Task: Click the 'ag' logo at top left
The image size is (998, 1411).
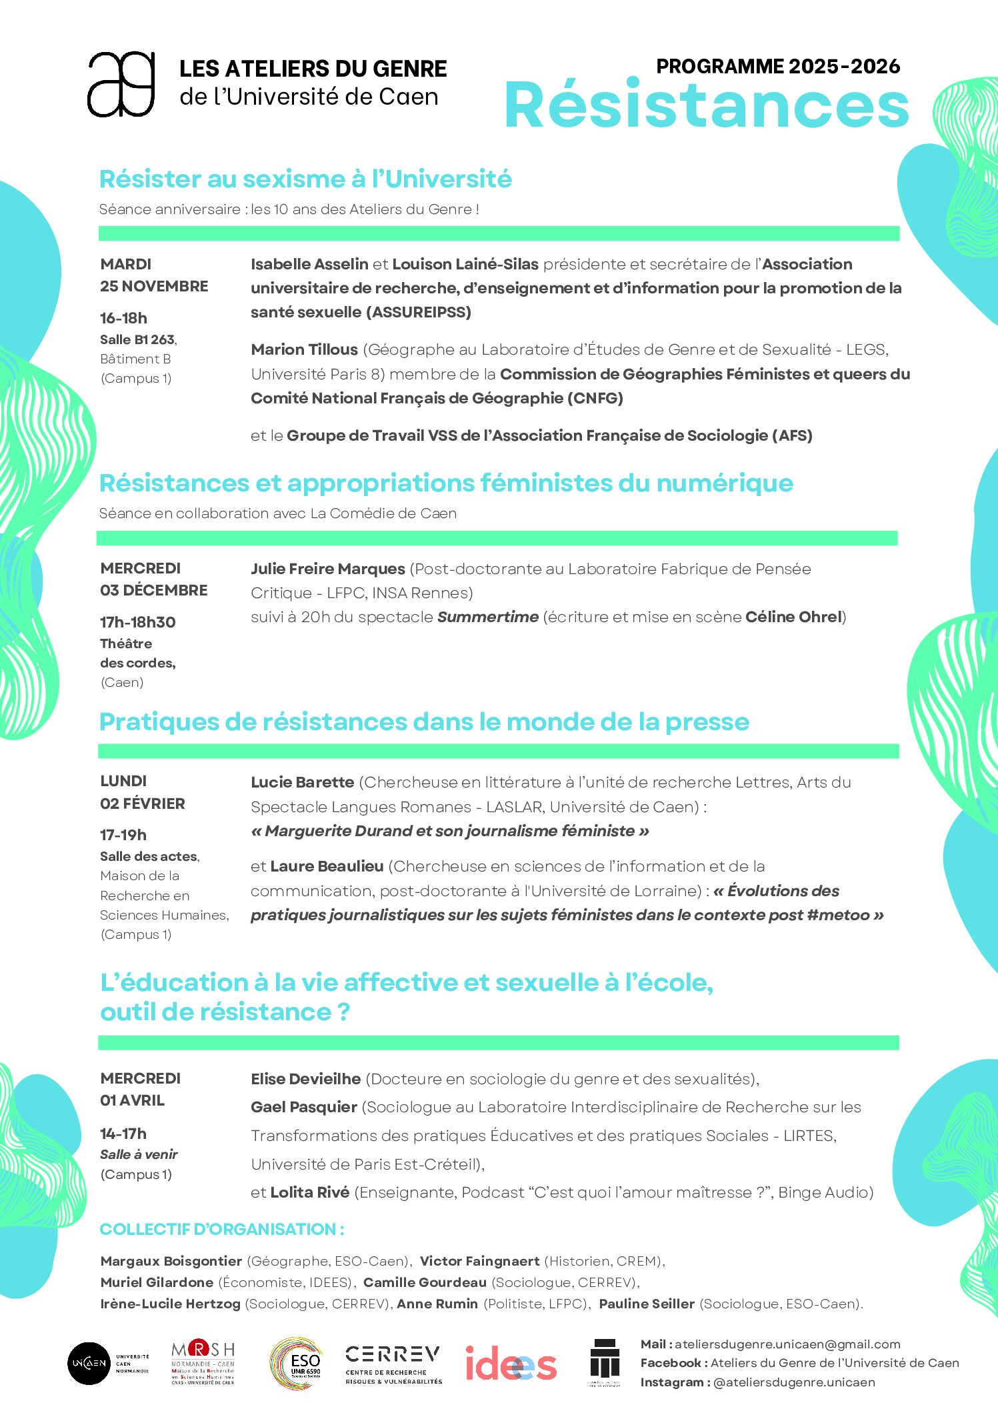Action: tap(121, 85)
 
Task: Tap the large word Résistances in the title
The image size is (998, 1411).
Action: tap(707, 105)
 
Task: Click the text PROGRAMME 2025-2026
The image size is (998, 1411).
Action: tap(777, 67)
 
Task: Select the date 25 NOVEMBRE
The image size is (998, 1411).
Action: tap(154, 287)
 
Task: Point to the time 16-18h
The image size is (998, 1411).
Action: tap(123, 318)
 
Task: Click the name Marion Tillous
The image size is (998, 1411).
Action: tap(304, 349)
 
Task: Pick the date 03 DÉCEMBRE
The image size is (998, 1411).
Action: tap(154, 590)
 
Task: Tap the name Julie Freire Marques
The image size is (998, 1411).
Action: tap(328, 569)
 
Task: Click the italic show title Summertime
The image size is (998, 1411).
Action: tap(487, 617)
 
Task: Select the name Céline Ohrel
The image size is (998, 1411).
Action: tap(793, 617)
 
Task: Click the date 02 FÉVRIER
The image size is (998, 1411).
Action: tap(143, 804)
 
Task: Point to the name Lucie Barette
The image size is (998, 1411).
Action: tap(302, 782)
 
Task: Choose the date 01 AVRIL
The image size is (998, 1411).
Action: tap(132, 1100)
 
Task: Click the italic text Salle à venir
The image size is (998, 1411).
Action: tap(139, 1154)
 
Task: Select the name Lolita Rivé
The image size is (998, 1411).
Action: tap(309, 1192)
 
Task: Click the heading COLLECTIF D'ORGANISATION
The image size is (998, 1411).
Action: tap(221, 1229)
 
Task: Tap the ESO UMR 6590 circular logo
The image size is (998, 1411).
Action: tap(296, 1364)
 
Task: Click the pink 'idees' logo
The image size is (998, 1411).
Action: tap(510, 1364)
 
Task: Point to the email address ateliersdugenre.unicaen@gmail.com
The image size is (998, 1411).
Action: tap(787, 1344)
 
